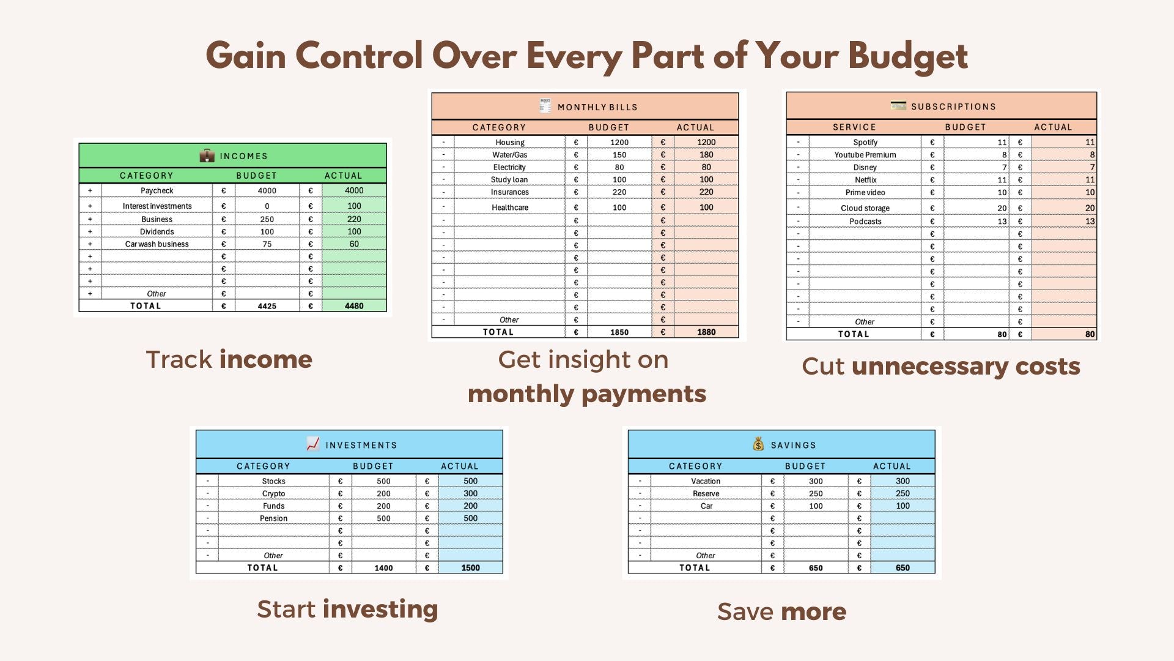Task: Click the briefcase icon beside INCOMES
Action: coord(207,155)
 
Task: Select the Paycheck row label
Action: coord(157,190)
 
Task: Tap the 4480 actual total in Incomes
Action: coord(354,306)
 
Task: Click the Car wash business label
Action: coord(157,244)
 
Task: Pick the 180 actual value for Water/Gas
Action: coord(706,155)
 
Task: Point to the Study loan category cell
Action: coord(509,179)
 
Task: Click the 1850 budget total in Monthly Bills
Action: coord(619,332)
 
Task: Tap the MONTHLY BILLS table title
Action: coord(597,107)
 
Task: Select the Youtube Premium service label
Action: coord(865,155)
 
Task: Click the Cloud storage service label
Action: coord(865,208)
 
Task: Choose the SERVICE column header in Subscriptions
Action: coord(854,127)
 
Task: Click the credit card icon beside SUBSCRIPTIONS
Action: coord(898,105)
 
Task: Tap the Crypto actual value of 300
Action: coord(470,493)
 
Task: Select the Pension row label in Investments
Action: coord(273,518)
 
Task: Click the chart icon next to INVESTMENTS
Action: coord(313,444)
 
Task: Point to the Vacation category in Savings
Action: coord(706,481)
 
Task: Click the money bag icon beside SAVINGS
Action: coord(759,444)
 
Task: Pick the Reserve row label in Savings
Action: coord(706,493)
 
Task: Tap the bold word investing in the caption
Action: coord(380,610)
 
